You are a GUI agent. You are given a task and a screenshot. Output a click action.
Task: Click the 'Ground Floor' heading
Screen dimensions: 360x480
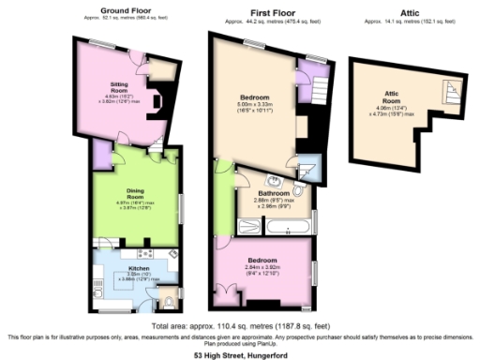[128, 9]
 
